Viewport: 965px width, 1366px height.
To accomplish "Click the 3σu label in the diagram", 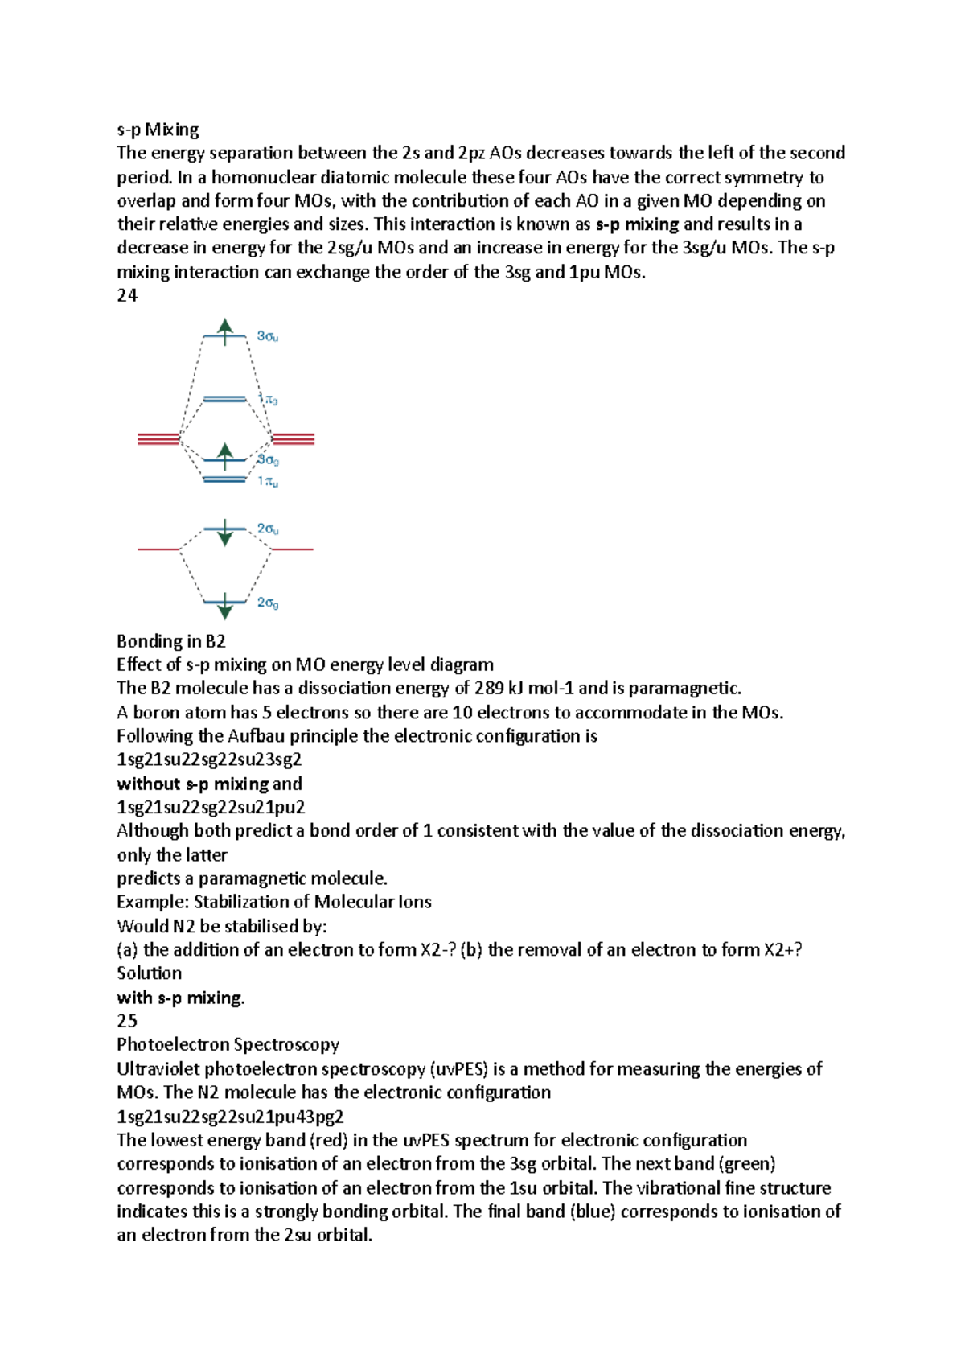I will click(x=268, y=336).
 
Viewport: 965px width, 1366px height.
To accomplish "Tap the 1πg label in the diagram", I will click(x=268, y=399).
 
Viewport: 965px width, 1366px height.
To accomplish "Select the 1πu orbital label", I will click(x=268, y=481).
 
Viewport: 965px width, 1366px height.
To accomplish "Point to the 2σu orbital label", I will click(x=268, y=529).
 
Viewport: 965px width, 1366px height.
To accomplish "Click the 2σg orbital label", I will click(x=268, y=602).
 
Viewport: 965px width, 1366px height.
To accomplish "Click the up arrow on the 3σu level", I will click(x=225, y=331).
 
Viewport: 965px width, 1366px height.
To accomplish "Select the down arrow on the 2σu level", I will click(x=225, y=533).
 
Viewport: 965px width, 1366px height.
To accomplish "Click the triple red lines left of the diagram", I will click(x=158, y=438).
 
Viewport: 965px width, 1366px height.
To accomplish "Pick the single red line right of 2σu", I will click(x=292, y=549).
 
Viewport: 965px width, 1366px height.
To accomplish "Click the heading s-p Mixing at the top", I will click(x=158, y=130).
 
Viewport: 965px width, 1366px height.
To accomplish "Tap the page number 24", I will click(x=127, y=295).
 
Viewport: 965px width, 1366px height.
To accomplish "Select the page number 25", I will click(x=127, y=1021).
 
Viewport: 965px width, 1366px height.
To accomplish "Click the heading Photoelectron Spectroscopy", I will click(x=228, y=1044).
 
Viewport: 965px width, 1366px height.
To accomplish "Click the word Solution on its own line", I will click(x=149, y=973).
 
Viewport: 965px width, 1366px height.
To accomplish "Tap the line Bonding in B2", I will click(x=170, y=641).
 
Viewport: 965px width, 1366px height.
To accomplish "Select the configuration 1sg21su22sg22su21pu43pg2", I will click(x=230, y=1116).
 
